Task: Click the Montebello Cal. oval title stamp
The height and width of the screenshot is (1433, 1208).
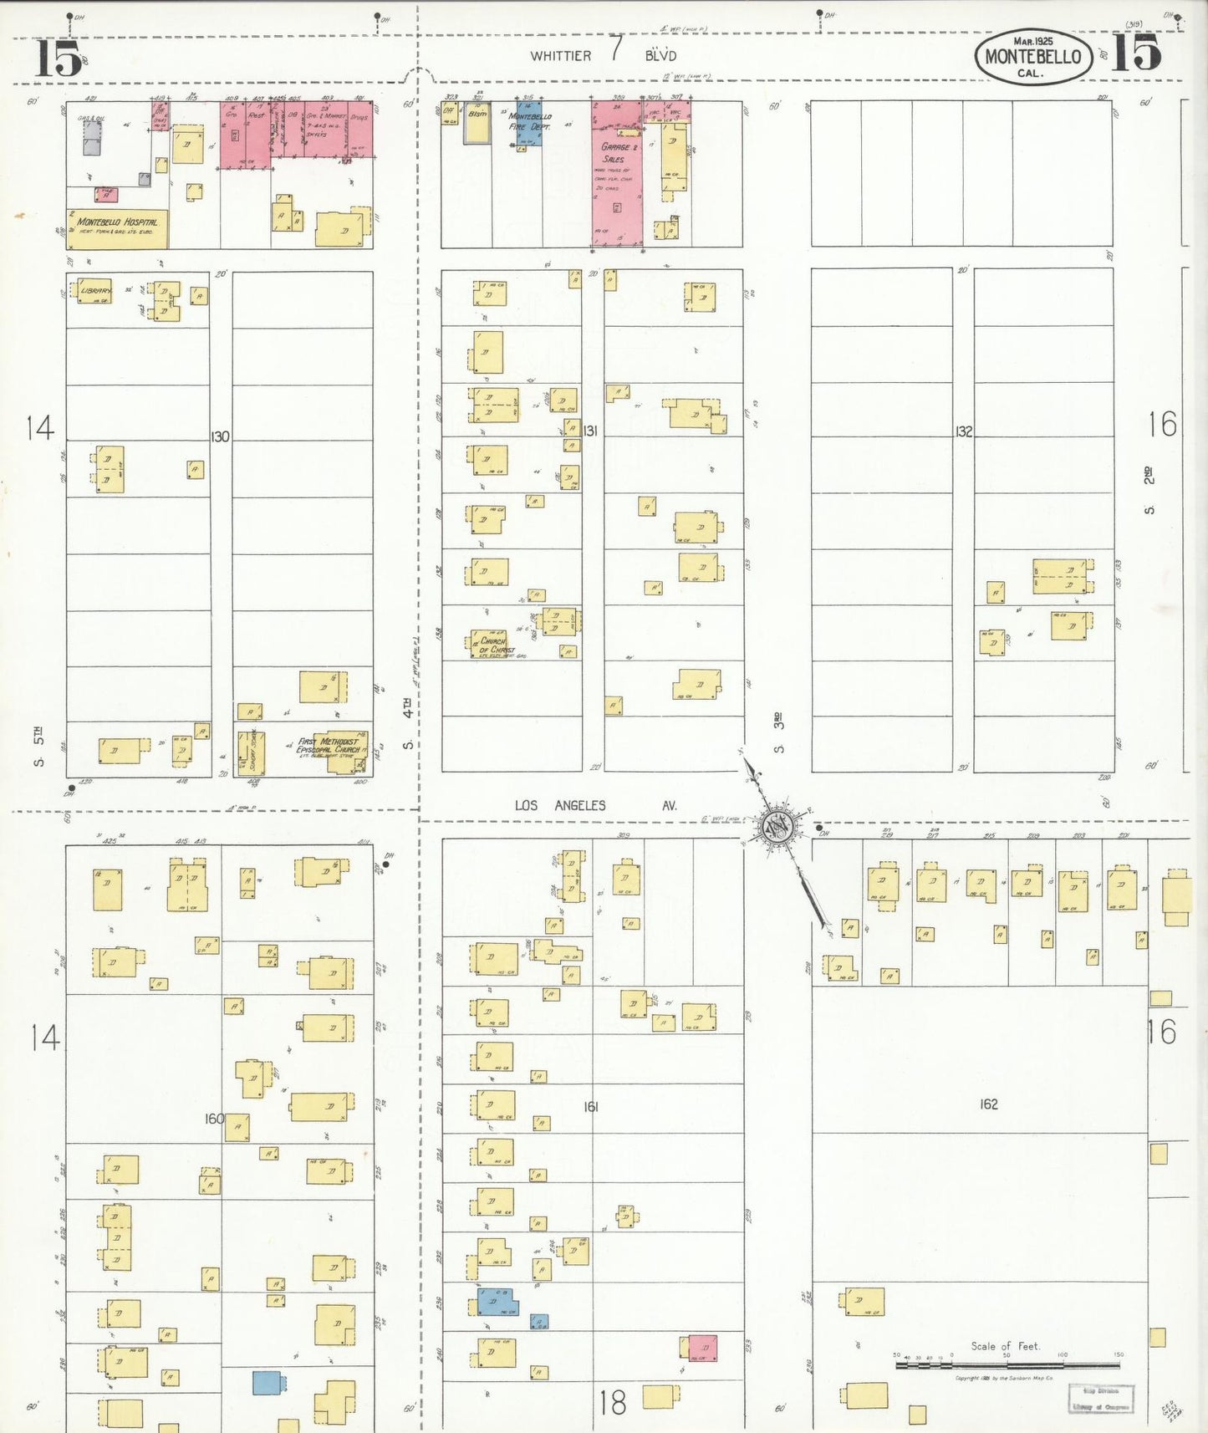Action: click(x=1033, y=56)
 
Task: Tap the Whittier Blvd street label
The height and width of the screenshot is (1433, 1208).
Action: click(x=603, y=55)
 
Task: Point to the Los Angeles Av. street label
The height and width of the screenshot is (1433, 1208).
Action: click(x=595, y=805)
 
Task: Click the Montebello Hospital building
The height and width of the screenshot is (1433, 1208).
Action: click(x=117, y=227)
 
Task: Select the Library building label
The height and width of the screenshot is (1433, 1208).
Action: click(x=96, y=291)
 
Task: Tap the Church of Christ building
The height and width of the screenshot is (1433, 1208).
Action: click(x=492, y=643)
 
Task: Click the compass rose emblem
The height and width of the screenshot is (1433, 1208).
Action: click(x=777, y=826)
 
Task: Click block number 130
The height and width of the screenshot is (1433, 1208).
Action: click(x=220, y=436)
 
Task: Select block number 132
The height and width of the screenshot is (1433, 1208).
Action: click(x=963, y=431)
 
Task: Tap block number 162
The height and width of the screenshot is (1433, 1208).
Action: click(x=988, y=1104)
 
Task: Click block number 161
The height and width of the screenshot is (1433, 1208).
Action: click(x=591, y=1106)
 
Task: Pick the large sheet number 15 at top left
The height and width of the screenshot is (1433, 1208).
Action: click(x=58, y=58)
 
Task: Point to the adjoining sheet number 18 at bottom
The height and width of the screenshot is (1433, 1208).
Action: click(x=612, y=1402)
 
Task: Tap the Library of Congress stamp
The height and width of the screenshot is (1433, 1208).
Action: click(x=1100, y=1398)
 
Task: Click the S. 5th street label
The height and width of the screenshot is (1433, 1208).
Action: click(x=38, y=747)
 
